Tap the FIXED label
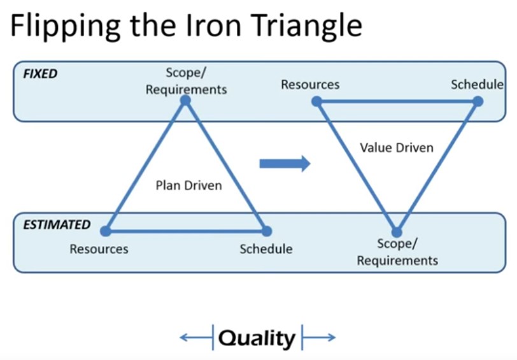coord(40,73)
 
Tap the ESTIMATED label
coord(57,225)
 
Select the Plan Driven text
coord(188,185)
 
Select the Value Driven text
coord(397,147)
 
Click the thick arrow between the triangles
coord(285,163)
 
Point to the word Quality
coord(257,338)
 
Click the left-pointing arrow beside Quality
coord(196,337)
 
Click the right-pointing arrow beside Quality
coord(319,337)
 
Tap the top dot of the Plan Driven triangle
coord(186,100)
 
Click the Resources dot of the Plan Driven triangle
coord(106,231)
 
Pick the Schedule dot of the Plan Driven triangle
coord(266,231)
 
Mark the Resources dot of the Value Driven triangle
coord(317,101)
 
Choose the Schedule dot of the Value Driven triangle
coord(478,101)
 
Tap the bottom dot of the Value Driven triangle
coord(397,232)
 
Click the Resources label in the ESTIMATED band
coord(99,249)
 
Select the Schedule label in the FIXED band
coord(477,85)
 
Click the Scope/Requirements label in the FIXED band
coord(187,81)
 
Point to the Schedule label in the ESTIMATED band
coord(266,249)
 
